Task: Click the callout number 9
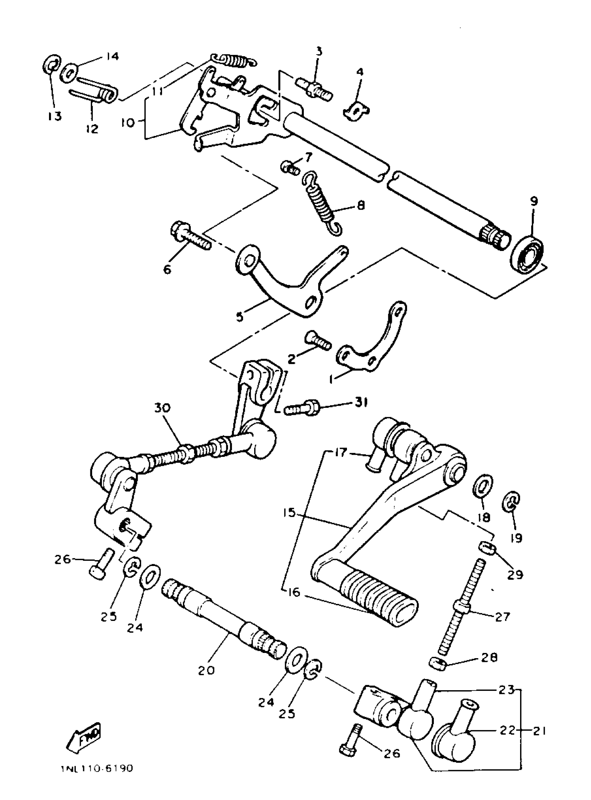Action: click(x=533, y=201)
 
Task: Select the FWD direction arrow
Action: click(x=85, y=730)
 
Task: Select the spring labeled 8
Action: click(x=323, y=204)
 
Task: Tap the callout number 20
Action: click(x=207, y=670)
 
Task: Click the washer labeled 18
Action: click(x=483, y=486)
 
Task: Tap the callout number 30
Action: click(x=162, y=407)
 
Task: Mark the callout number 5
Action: click(x=240, y=317)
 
